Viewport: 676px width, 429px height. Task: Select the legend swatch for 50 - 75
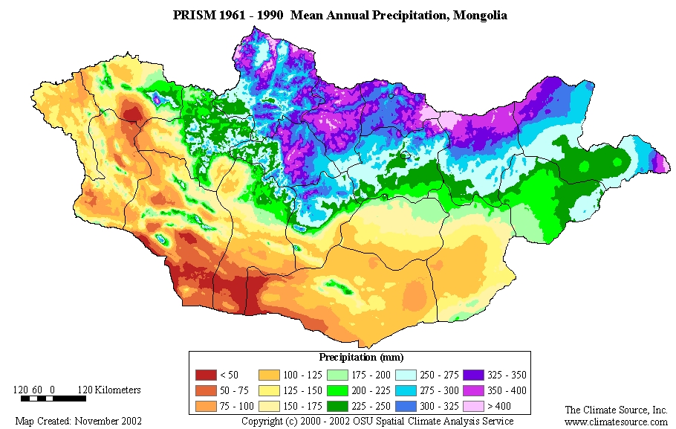204,391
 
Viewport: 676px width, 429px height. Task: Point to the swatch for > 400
473,407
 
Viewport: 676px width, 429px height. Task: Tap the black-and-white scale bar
52,399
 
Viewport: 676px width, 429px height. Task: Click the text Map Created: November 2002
78,421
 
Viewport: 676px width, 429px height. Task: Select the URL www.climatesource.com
616,422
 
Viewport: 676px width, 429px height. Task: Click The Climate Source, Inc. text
616,410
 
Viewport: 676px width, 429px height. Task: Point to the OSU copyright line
377,421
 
